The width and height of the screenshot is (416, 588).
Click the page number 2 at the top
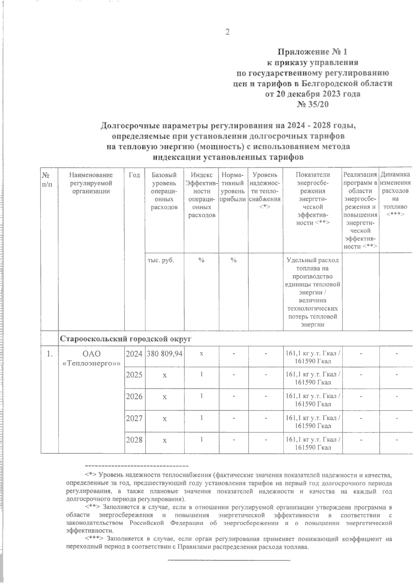pyautogui.click(x=227, y=32)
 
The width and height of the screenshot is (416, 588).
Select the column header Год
pyautogui.click(x=134, y=175)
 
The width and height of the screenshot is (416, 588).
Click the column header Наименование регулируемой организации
pyautogui.click(x=91, y=183)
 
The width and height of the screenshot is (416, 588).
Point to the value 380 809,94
pyautogui.click(x=165, y=354)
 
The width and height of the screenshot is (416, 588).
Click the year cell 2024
pyautogui.click(x=134, y=354)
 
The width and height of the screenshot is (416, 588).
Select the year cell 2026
pyautogui.click(x=134, y=396)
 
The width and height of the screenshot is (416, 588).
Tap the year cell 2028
pyautogui.click(x=134, y=440)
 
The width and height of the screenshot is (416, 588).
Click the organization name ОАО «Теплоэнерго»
pyautogui.click(x=91, y=358)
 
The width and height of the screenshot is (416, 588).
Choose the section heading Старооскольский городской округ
pyautogui.click(x=126, y=339)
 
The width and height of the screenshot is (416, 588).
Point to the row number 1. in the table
pyautogui.click(x=50, y=354)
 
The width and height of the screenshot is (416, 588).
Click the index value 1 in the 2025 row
pyautogui.click(x=201, y=375)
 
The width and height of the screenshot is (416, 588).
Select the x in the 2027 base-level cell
pyautogui.click(x=165, y=419)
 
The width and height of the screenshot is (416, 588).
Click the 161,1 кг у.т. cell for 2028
pyautogui.click(x=313, y=444)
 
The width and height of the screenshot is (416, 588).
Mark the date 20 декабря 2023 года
pyautogui.click(x=312, y=94)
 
